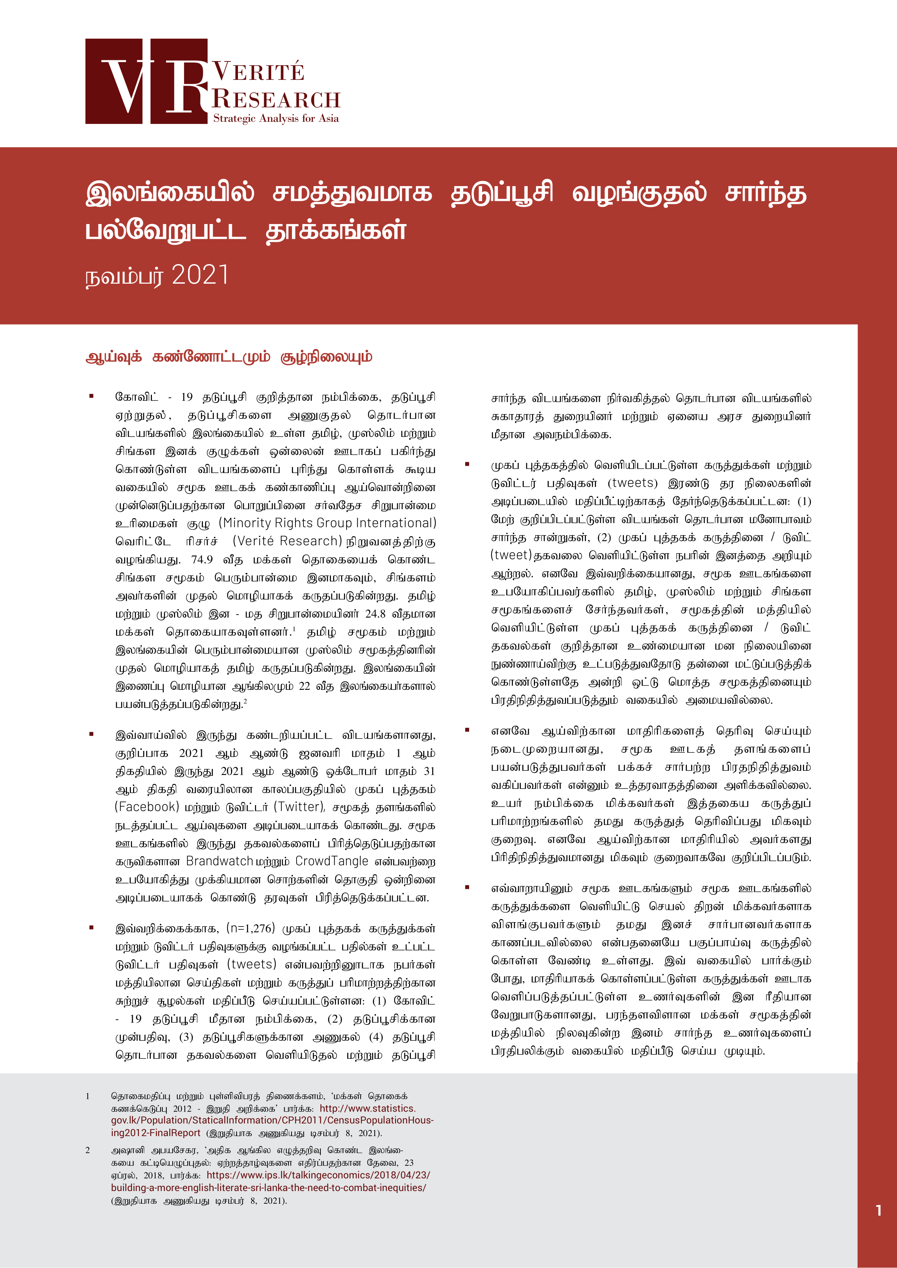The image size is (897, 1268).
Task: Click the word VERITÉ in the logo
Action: (259, 72)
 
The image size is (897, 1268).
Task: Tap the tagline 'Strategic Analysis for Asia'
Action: (276, 118)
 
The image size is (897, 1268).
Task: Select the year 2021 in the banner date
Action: (200, 275)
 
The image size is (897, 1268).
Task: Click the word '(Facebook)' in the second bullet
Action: (147, 807)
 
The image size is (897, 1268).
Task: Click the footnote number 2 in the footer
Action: (87, 1150)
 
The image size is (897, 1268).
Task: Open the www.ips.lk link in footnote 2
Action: (318, 1175)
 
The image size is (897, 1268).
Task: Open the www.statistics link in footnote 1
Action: (367, 1108)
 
